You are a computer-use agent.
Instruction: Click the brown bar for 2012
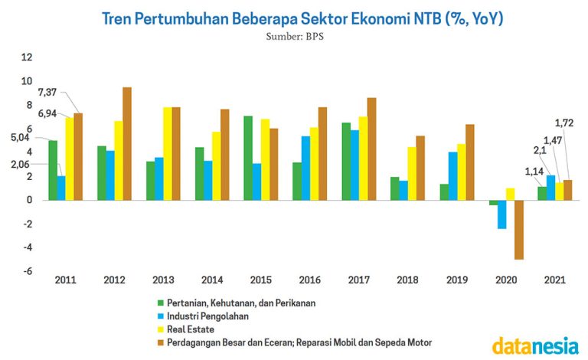pyautogui.click(x=127, y=143)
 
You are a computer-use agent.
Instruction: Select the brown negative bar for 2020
pyautogui.click(x=519, y=230)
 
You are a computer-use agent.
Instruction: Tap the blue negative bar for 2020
pyautogui.click(x=502, y=214)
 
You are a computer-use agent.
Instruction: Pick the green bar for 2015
pyautogui.click(x=248, y=158)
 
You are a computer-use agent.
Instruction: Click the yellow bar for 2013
pyautogui.click(x=168, y=153)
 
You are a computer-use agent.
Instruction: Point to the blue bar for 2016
pyautogui.click(x=305, y=168)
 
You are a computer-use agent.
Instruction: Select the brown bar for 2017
pyautogui.click(x=371, y=149)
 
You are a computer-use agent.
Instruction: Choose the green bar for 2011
pyautogui.click(x=53, y=170)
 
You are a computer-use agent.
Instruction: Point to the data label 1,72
pyautogui.click(x=563, y=123)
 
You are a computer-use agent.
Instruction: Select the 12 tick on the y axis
pyautogui.click(x=27, y=57)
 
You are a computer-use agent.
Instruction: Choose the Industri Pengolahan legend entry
pyautogui.click(x=207, y=316)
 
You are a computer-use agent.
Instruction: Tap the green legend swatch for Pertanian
pyautogui.click(x=160, y=303)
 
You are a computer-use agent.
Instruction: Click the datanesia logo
pyautogui.click(x=535, y=345)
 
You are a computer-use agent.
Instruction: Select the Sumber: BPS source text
pyautogui.click(x=295, y=36)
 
